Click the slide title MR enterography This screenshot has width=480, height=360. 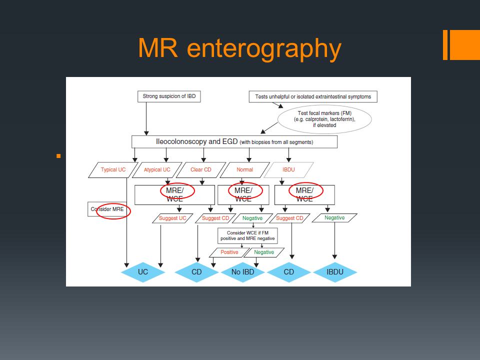coord(239,48)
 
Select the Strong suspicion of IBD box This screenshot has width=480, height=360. coord(169,96)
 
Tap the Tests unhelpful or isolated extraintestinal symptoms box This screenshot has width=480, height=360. coord(313,96)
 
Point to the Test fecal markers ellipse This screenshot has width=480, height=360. coord(324,119)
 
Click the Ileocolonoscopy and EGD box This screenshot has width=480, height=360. coord(234,142)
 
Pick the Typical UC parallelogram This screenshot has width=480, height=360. coord(113,169)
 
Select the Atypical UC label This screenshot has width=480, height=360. coord(157,169)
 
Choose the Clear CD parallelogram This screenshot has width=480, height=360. coord(200,169)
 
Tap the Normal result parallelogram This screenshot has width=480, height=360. coord(245,169)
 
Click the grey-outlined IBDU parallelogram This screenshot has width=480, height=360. coord(288,169)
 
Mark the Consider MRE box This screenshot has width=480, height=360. coord(107,209)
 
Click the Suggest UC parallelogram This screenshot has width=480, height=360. coord(172,218)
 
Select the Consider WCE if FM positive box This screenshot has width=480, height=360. coord(247,236)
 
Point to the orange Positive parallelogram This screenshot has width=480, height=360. coord(229,252)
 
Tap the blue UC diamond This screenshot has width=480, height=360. coord(143,272)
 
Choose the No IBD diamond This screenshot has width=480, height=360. coord(243,272)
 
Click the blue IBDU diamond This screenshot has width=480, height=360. coord(335,272)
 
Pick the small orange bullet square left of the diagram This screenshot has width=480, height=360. coord(58,156)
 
